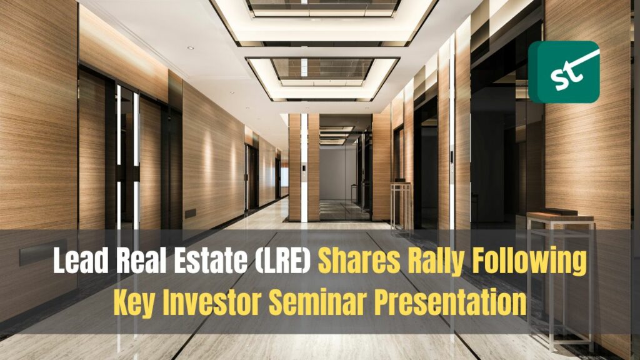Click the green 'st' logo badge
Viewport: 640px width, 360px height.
[x=564, y=72]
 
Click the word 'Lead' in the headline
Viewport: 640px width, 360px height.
[x=81, y=261]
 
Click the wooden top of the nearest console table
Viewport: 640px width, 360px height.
[x=560, y=216]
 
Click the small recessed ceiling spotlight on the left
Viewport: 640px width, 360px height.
[x=191, y=47]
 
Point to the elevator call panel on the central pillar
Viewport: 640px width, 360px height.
[x=303, y=167]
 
